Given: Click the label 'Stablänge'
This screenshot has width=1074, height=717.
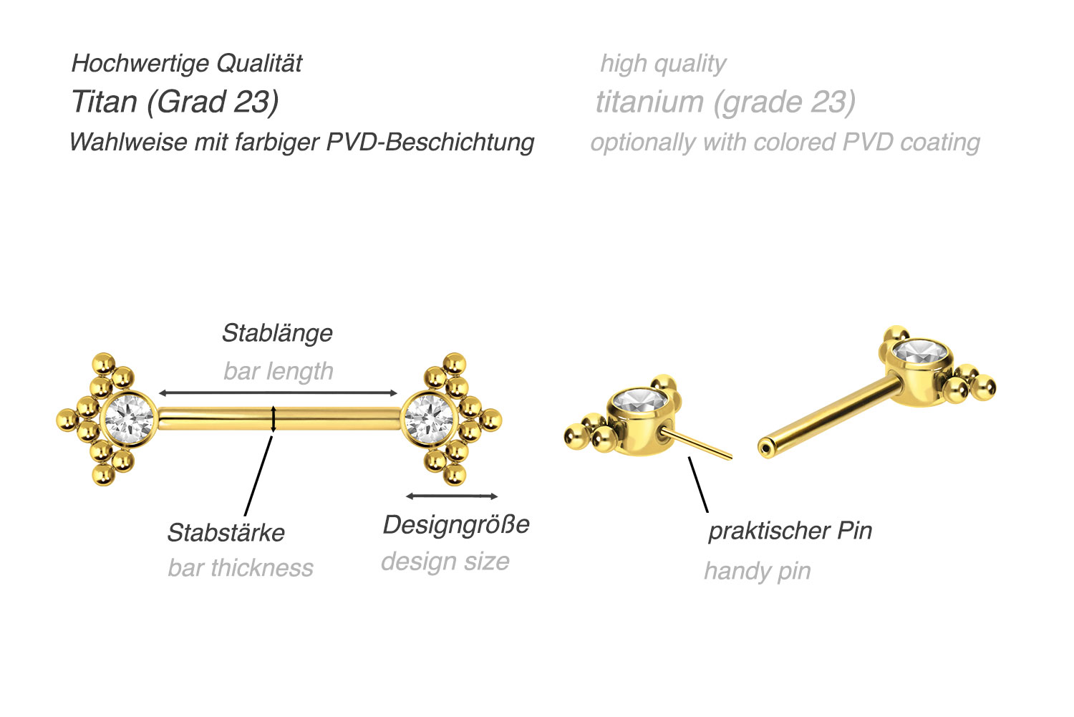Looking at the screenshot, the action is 277,334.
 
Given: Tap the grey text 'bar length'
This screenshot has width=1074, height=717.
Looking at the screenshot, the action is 279,372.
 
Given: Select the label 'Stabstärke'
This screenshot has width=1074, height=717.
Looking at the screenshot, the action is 226,533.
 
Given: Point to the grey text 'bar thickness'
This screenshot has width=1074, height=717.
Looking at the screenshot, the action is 240,568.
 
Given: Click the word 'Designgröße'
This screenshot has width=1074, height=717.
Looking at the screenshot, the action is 456,525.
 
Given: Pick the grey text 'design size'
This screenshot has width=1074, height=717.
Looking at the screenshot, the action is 445,562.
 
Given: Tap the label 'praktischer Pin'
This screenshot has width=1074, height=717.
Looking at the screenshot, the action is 790,531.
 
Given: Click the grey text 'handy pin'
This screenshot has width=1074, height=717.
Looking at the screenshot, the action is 758,572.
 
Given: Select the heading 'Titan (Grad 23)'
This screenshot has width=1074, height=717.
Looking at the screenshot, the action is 175,102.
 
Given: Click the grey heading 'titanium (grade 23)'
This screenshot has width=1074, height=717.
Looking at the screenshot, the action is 725,102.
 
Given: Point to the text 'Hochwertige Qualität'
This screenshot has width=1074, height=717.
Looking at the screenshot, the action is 186,63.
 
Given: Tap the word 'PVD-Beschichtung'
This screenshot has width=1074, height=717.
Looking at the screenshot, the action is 430,143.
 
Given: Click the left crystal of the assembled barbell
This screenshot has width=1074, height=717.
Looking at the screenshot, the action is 129,419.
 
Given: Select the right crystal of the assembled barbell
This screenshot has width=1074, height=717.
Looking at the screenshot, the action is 429,419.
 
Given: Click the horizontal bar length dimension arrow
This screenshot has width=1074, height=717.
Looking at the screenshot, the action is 278,393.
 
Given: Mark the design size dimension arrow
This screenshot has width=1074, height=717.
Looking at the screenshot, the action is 452,496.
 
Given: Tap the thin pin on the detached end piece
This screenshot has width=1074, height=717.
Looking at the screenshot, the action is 696,443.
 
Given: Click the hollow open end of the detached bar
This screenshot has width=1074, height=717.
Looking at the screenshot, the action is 765,449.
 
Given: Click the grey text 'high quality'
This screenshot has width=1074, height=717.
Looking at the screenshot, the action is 664,64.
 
